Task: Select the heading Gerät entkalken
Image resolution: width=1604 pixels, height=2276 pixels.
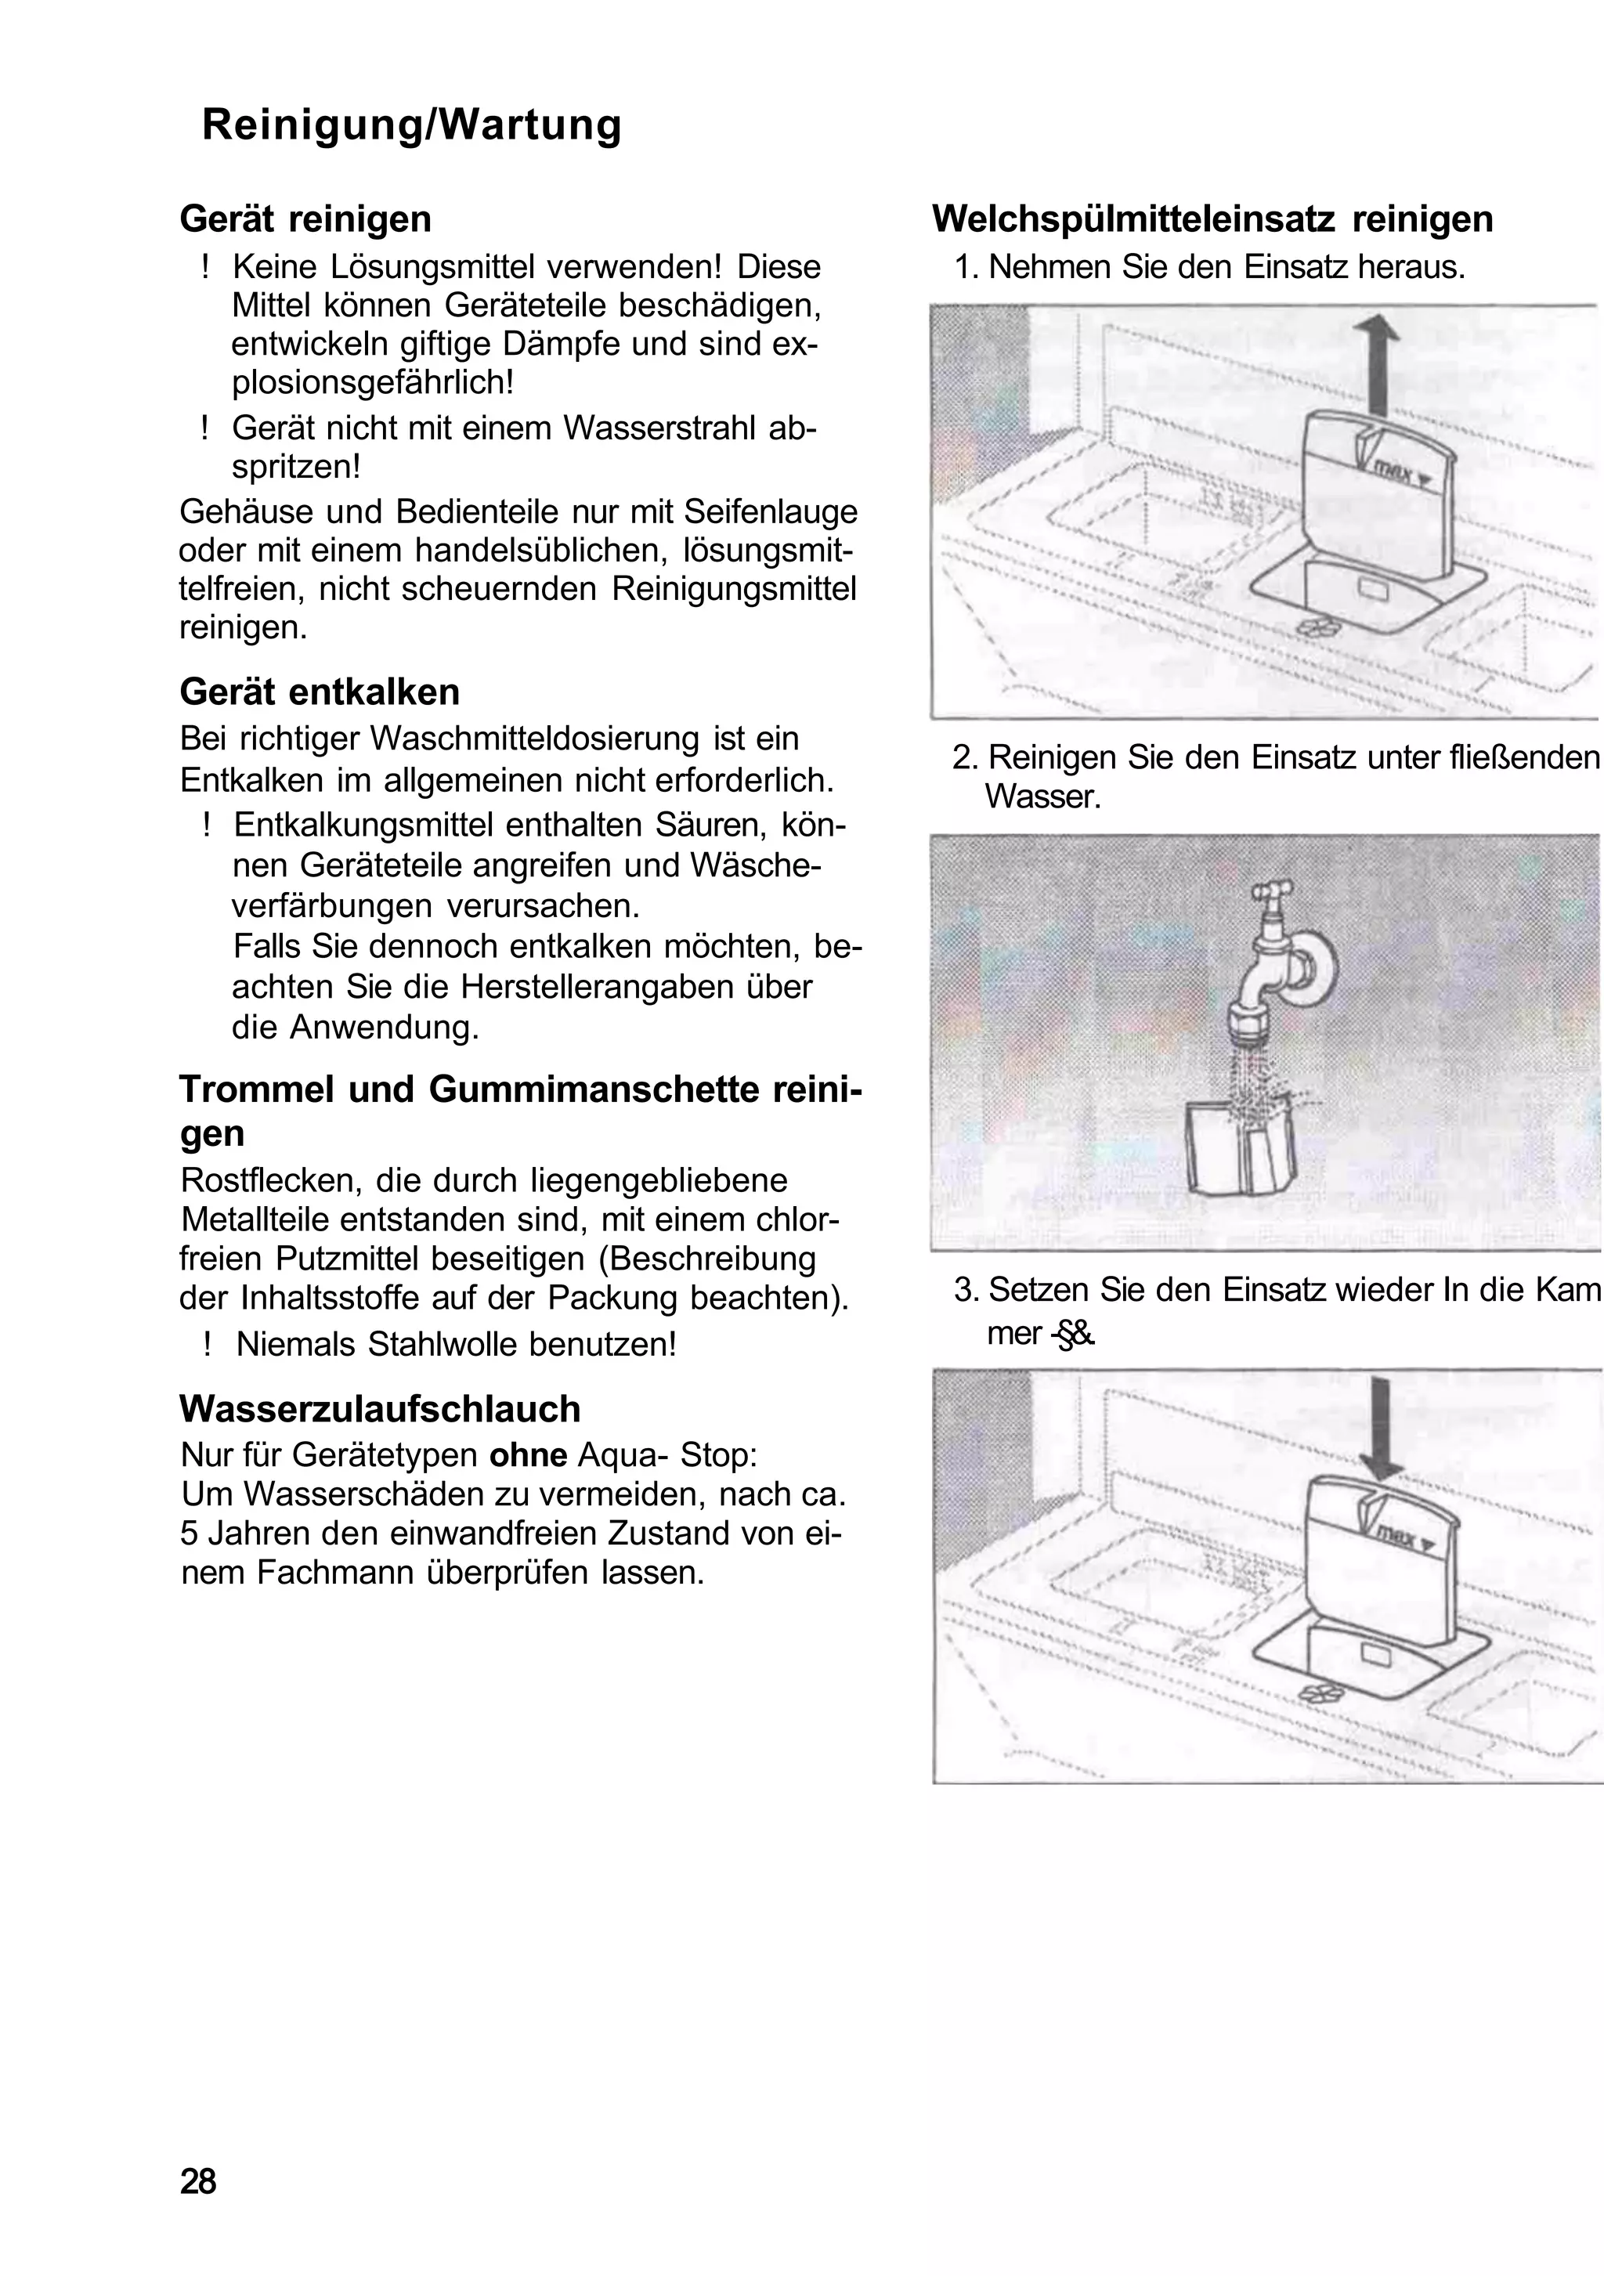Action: tap(320, 692)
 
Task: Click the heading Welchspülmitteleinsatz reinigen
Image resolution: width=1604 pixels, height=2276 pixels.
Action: tap(1212, 219)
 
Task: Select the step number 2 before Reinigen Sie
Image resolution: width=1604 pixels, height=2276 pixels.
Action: tap(962, 757)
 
